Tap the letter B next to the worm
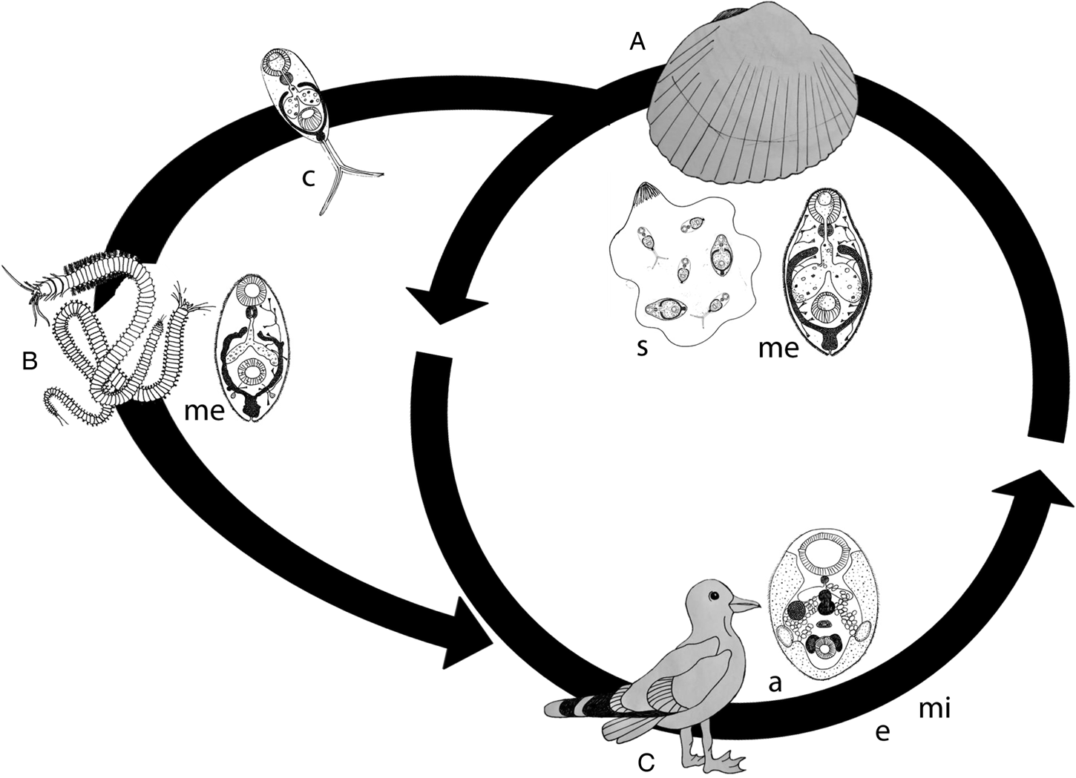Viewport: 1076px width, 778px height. click(29, 361)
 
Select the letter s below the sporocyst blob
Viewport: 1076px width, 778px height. click(642, 349)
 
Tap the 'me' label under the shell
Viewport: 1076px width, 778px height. click(778, 349)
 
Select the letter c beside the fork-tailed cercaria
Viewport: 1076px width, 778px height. click(308, 178)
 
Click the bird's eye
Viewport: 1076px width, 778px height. click(714, 596)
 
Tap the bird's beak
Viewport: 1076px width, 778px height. click(745, 605)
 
